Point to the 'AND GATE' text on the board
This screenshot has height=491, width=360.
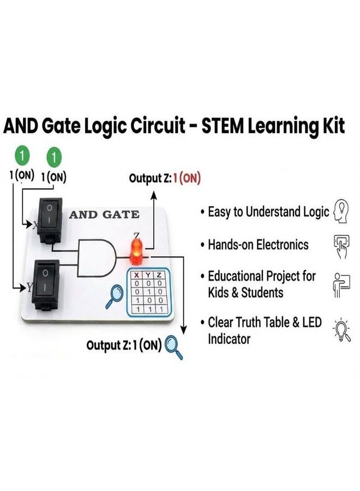click(x=104, y=214)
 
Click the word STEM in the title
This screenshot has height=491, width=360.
click(x=222, y=126)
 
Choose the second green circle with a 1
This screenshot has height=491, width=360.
click(x=54, y=157)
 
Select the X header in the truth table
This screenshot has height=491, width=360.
click(x=136, y=276)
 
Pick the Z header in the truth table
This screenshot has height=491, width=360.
click(x=160, y=276)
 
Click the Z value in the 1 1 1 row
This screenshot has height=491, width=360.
click(x=160, y=309)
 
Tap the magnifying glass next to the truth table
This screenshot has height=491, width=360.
click(x=114, y=296)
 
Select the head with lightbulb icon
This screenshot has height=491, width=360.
click(x=341, y=211)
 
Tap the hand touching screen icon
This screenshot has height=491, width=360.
click(x=341, y=247)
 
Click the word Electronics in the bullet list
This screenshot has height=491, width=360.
click(x=283, y=244)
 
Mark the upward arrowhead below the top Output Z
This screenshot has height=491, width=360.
click(x=153, y=195)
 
